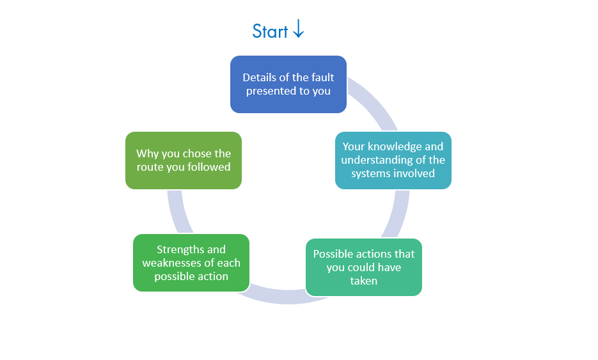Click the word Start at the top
point(270,31)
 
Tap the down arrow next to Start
point(298,29)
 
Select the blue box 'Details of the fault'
point(288,84)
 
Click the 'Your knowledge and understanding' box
point(393,160)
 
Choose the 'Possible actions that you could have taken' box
point(363,267)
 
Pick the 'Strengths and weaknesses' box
point(191,263)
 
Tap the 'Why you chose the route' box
point(183,160)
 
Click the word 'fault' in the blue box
point(322,77)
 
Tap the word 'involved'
point(415,173)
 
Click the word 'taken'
point(363,281)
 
